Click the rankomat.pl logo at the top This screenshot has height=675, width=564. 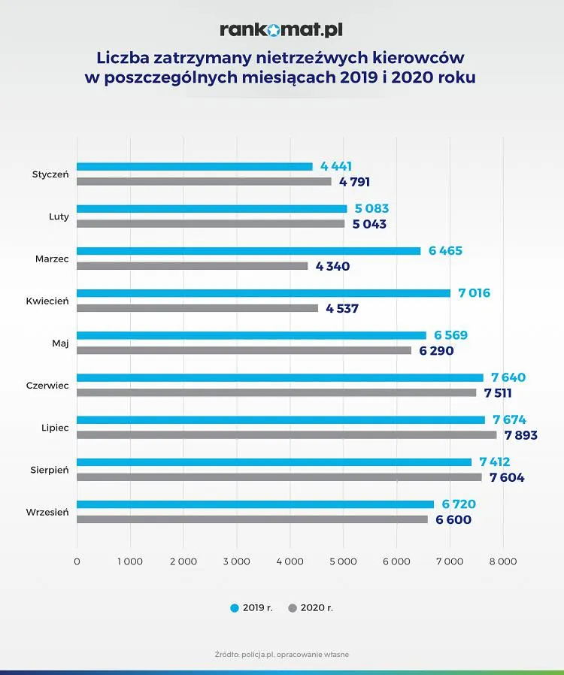click(x=281, y=30)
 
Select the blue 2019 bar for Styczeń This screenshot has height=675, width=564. click(x=195, y=167)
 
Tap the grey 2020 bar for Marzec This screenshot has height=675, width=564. click(x=193, y=266)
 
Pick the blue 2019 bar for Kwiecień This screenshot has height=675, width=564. click(x=263, y=293)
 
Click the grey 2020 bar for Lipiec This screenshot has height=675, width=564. click(x=287, y=434)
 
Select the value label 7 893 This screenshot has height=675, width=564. click(x=520, y=434)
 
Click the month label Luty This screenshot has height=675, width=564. click(x=58, y=217)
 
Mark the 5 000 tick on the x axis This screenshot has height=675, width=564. click(x=343, y=561)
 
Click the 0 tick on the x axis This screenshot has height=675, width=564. click(x=77, y=561)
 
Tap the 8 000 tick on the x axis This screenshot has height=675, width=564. click(x=502, y=561)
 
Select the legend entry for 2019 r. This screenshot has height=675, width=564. click(x=251, y=607)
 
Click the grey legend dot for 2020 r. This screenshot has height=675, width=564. click(x=293, y=607)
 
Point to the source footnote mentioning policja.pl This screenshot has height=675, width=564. click(x=281, y=655)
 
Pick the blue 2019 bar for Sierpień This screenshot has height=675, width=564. click(x=274, y=462)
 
